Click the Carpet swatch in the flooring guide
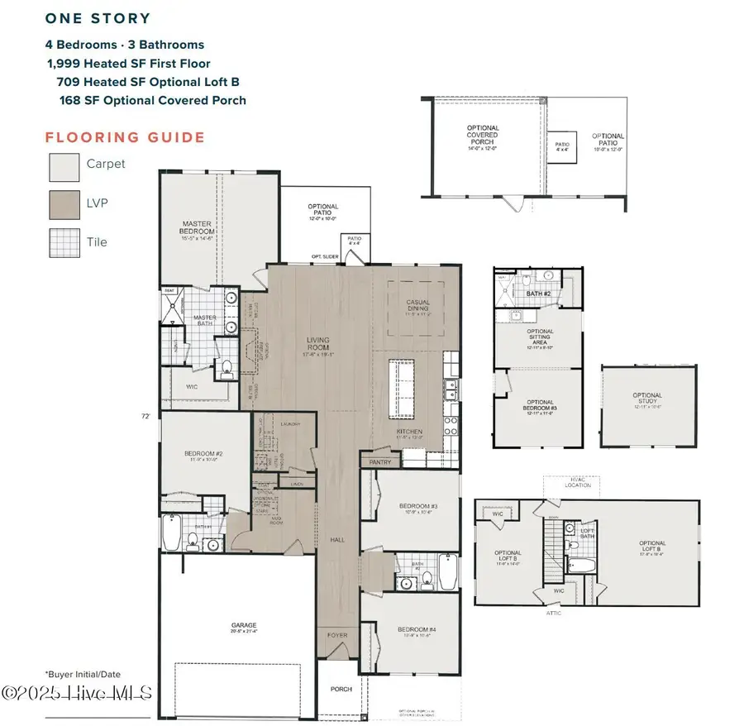click(64, 165)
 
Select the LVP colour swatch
click(64, 204)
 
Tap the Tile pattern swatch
click(64, 243)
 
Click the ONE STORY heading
click(98, 17)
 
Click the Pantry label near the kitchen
click(379, 463)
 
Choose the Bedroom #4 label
click(411, 633)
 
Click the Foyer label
click(337, 635)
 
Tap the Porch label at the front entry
click(341, 689)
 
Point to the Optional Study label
click(647, 398)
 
